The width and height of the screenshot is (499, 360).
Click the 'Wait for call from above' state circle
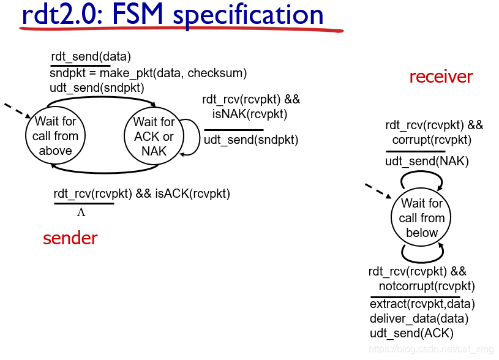pos(55,136)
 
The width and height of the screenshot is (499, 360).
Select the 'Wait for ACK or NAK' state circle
pos(154,136)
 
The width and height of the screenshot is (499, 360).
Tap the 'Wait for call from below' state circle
pos(421,218)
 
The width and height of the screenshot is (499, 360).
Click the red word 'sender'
pos(70,238)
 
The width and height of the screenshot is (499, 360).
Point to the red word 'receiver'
pos(441,77)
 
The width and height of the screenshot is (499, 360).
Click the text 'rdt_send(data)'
pos(91,57)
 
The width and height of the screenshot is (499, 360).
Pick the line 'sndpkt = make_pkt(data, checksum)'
pos(148,73)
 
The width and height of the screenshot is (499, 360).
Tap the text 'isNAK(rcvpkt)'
pos(250,114)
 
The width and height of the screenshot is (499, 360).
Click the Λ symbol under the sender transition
pos(81,213)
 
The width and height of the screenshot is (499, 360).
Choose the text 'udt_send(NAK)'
pos(427,162)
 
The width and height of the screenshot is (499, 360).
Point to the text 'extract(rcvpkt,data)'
pos(422,304)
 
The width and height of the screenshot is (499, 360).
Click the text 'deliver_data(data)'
pos(419,318)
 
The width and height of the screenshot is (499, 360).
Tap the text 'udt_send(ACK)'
pos(411,333)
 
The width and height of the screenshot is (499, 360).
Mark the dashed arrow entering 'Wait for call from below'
pos(378,190)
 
